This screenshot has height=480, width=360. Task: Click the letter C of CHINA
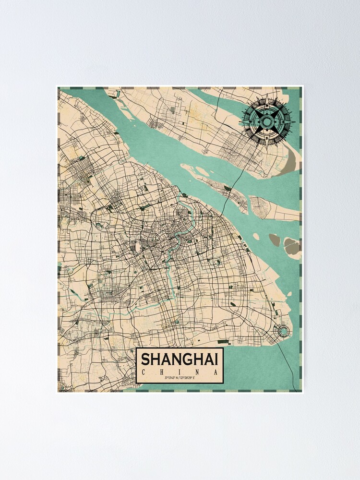tap(145, 372)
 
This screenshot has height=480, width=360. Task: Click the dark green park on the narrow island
tap(228, 189)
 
